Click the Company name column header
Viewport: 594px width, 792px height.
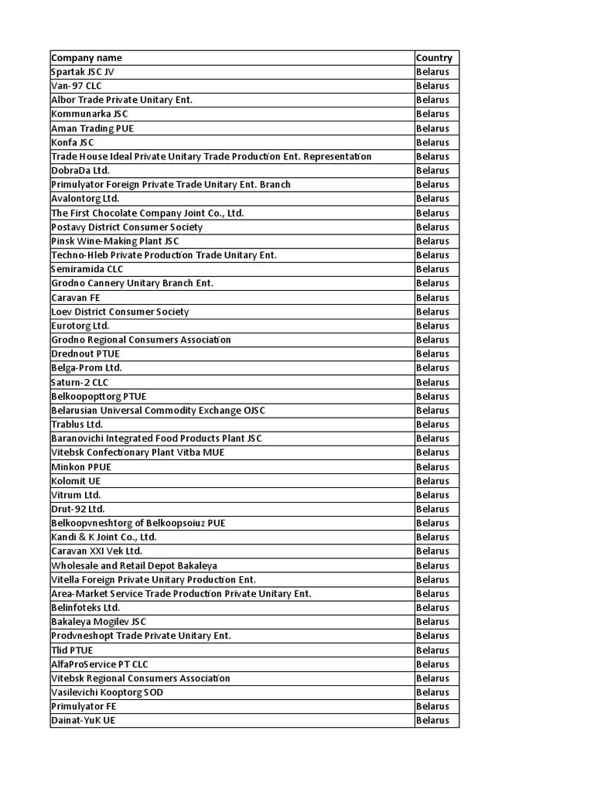click(87, 58)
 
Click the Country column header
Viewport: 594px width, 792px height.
click(434, 58)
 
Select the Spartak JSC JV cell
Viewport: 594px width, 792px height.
click(83, 72)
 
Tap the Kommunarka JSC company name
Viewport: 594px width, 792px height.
click(90, 114)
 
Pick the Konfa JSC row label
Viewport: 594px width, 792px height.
click(73, 142)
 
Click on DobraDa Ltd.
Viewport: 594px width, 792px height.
click(80, 170)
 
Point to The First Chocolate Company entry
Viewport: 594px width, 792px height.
click(148, 213)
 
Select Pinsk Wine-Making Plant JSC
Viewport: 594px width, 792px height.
click(115, 241)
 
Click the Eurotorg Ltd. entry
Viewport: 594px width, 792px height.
click(80, 326)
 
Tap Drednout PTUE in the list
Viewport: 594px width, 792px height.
click(85, 353)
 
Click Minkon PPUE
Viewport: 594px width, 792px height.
click(81, 466)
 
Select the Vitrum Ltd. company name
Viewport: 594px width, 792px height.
click(76, 495)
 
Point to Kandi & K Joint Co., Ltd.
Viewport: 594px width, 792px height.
click(104, 537)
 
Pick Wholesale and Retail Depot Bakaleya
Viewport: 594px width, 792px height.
click(135, 565)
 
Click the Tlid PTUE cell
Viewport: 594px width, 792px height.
click(72, 650)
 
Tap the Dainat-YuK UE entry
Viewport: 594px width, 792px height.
click(84, 720)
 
